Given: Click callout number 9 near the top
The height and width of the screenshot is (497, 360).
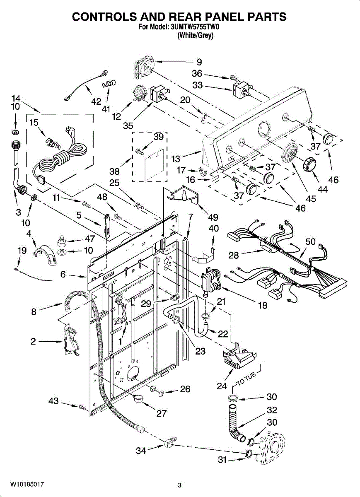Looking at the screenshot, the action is pyautogui.click(x=199, y=62).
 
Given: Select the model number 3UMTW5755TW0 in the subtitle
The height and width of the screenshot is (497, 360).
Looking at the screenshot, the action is pyautogui.click(x=195, y=27).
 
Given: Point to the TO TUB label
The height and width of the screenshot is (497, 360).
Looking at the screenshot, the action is pyautogui.click(x=246, y=379).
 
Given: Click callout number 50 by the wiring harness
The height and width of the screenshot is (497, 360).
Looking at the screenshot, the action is pyautogui.click(x=310, y=241).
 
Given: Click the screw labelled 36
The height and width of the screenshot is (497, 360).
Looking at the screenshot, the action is pyautogui.click(x=233, y=78).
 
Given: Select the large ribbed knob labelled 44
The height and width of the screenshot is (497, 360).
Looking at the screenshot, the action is pyautogui.click(x=309, y=165).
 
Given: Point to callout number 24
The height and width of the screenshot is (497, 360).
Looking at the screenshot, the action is pyautogui.click(x=222, y=386).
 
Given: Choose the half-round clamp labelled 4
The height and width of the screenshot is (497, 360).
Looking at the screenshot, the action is pyautogui.click(x=45, y=256).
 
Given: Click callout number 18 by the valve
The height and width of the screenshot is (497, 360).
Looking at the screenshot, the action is pyautogui.click(x=263, y=306).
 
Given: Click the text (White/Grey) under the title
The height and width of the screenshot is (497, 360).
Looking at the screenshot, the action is pyautogui.click(x=196, y=35).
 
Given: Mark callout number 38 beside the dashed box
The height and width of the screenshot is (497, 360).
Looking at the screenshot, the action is pyautogui.click(x=114, y=171).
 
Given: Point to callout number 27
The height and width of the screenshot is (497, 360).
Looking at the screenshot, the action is pyautogui.click(x=161, y=413).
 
